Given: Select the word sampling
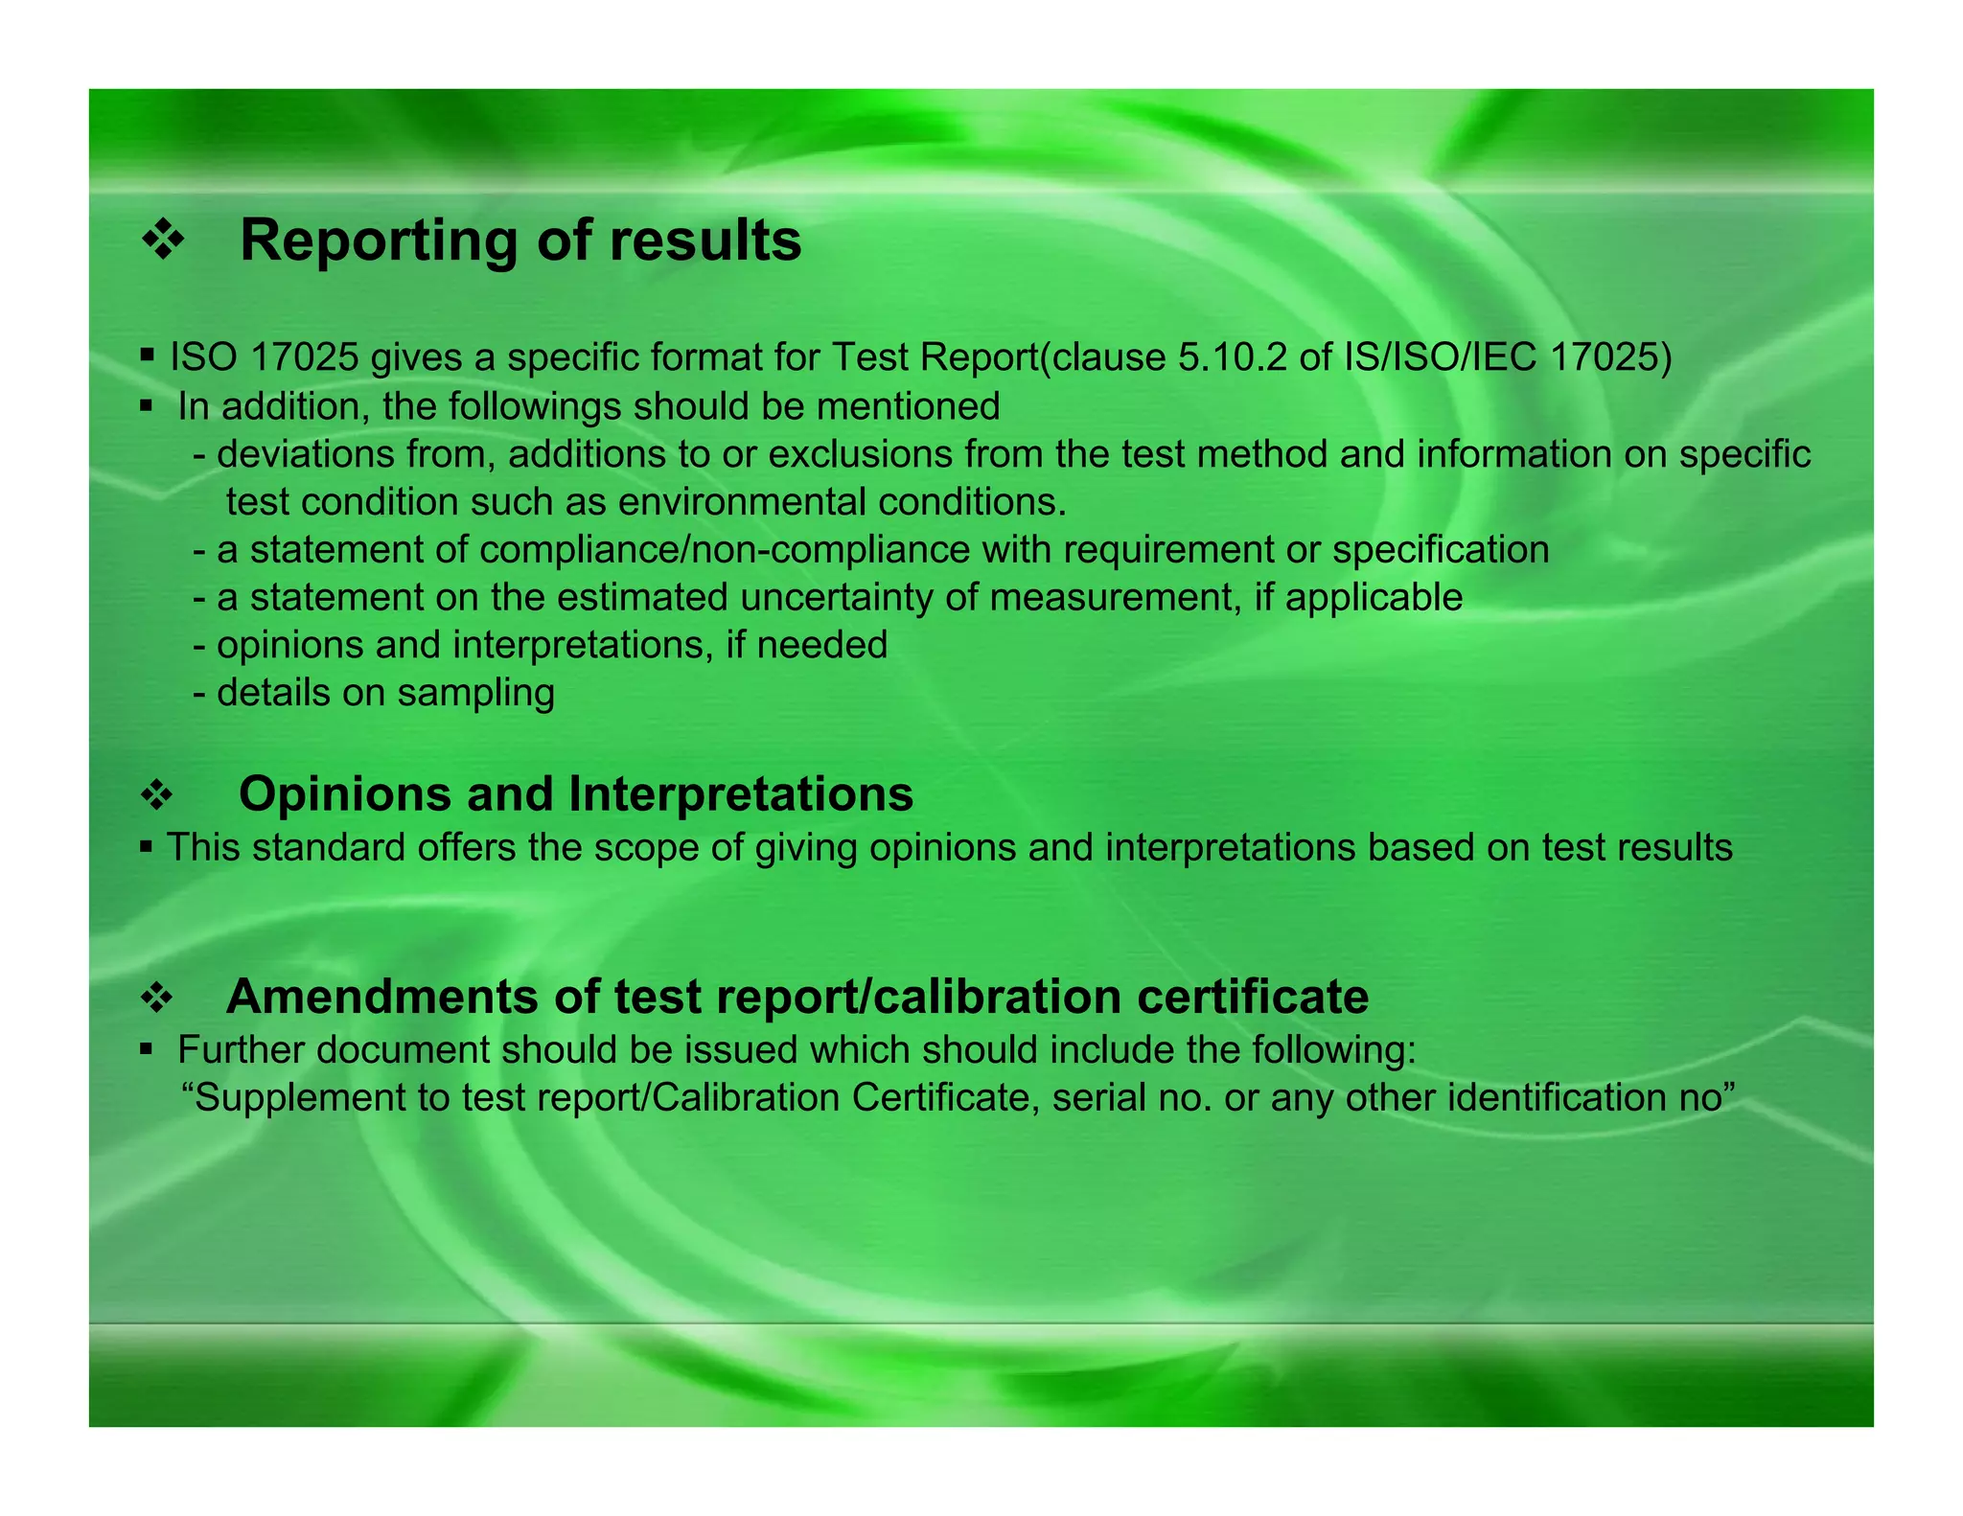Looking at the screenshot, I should pyautogui.click(x=475, y=693).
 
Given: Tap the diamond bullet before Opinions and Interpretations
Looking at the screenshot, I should pyautogui.click(x=157, y=795).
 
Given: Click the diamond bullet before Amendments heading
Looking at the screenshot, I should pyautogui.click(x=157, y=999).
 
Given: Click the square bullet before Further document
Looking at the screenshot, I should pyautogui.click(x=146, y=1049).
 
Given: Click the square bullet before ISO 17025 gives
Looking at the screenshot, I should pyautogui.click(x=147, y=356).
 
